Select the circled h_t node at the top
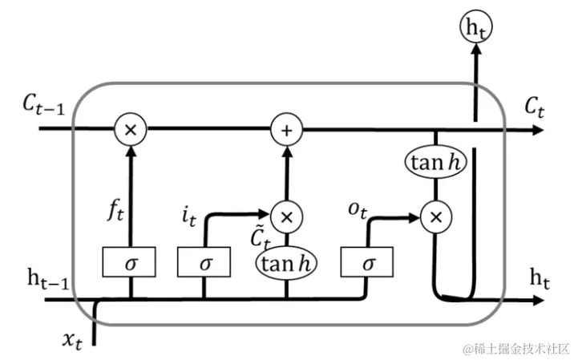[476, 27]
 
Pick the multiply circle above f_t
[128, 127]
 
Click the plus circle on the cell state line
[285, 127]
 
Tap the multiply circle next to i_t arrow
[285, 214]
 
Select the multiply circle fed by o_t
[435, 216]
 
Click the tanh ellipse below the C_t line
[435, 163]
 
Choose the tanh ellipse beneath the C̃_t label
[285, 261]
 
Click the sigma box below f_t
[128, 261]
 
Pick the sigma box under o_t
[368, 261]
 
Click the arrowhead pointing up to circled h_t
[476, 51]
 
